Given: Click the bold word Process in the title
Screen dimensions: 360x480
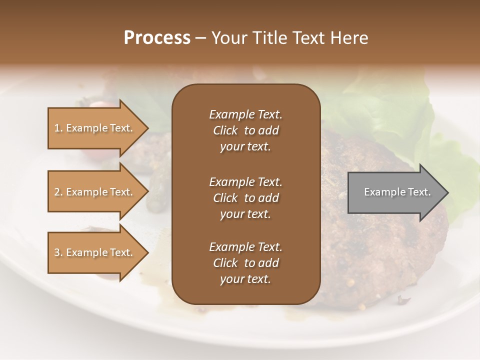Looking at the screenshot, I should (157, 38).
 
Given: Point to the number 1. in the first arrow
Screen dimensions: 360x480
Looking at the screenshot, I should (58, 128).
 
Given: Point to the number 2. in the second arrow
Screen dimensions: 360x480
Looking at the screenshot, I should (58, 192).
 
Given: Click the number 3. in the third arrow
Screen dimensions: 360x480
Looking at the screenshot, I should (58, 252).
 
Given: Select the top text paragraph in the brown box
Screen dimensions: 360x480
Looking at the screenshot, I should (245, 130).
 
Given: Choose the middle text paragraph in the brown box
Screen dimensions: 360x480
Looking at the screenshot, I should (245, 197).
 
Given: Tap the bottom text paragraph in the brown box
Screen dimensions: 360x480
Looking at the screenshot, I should (245, 263).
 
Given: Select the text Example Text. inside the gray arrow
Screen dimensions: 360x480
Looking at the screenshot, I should (397, 192).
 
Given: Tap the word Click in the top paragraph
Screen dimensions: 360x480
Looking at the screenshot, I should (225, 130).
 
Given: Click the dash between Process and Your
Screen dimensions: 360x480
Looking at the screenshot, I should (201, 38).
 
